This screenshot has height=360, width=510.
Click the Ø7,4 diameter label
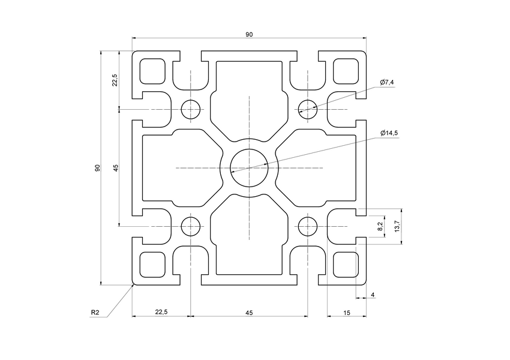click(387, 82)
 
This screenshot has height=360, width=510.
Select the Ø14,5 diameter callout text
click(389, 133)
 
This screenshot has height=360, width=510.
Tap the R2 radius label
click(95, 312)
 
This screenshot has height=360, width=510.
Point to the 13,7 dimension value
click(397, 226)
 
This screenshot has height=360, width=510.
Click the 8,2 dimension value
click(380, 226)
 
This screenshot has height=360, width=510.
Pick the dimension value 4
click(373, 295)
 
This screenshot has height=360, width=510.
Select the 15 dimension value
click(347, 312)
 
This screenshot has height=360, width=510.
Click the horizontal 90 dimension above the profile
click(249, 35)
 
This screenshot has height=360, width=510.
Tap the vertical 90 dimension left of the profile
click(97, 168)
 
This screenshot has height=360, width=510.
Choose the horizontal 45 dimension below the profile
click(249, 312)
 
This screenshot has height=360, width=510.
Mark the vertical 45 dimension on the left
click(115, 168)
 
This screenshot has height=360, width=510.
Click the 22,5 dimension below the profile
click(161, 312)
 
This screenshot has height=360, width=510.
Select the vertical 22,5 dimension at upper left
click(115, 80)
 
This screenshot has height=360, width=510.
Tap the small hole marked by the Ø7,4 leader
click(307, 109)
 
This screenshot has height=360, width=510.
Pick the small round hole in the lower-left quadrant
click(191, 226)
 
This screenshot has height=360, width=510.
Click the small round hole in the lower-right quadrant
click(307, 226)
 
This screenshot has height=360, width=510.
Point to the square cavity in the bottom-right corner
click(346, 265)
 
